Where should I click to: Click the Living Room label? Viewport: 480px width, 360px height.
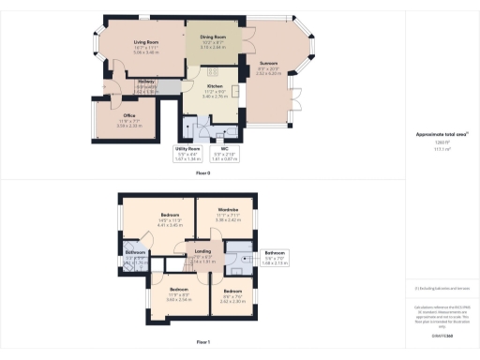coord(143,43)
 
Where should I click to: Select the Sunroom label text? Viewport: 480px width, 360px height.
coord(268,64)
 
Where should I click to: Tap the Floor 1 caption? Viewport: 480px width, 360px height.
coord(202,343)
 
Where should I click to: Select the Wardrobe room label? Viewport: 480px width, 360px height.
coord(229,209)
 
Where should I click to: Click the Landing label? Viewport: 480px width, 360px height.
coord(202,251)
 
